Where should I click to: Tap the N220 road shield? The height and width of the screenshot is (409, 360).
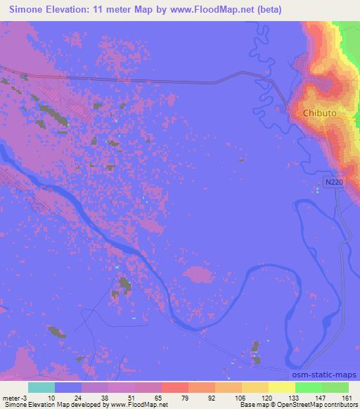(335, 183)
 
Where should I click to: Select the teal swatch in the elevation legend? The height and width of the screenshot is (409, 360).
(41, 387)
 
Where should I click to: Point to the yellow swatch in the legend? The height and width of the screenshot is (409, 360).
(281, 387)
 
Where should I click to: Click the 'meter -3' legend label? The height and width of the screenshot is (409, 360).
(14, 397)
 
